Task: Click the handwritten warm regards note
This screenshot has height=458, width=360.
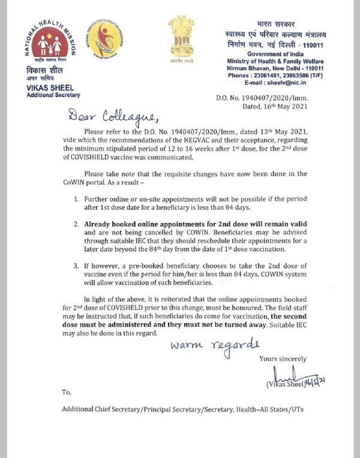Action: tap(215, 345)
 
